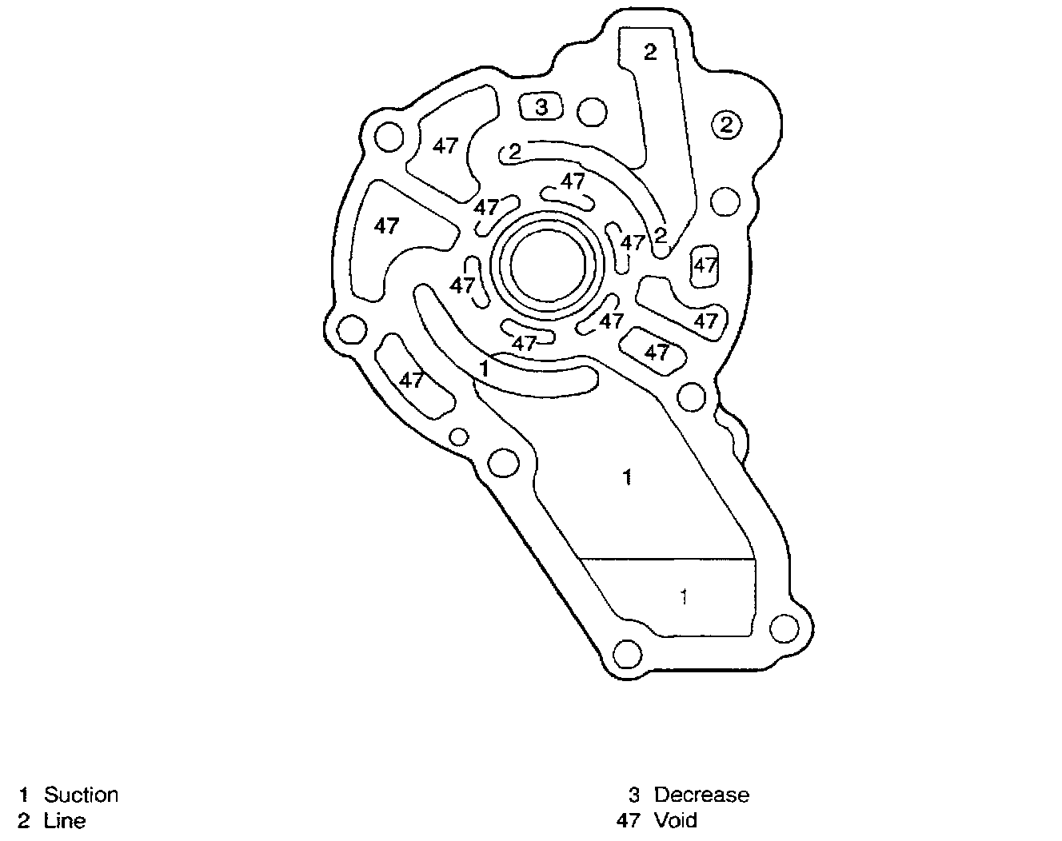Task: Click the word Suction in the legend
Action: click(x=81, y=795)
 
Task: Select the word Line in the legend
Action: click(x=65, y=821)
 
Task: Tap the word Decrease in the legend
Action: click(x=701, y=795)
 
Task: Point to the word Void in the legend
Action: click(x=676, y=820)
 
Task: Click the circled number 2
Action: click(x=726, y=125)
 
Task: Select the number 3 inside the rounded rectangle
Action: click(x=542, y=106)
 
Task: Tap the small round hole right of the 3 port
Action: click(x=592, y=112)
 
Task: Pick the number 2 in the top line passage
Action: click(x=650, y=52)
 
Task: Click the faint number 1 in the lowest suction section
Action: click(x=684, y=597)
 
